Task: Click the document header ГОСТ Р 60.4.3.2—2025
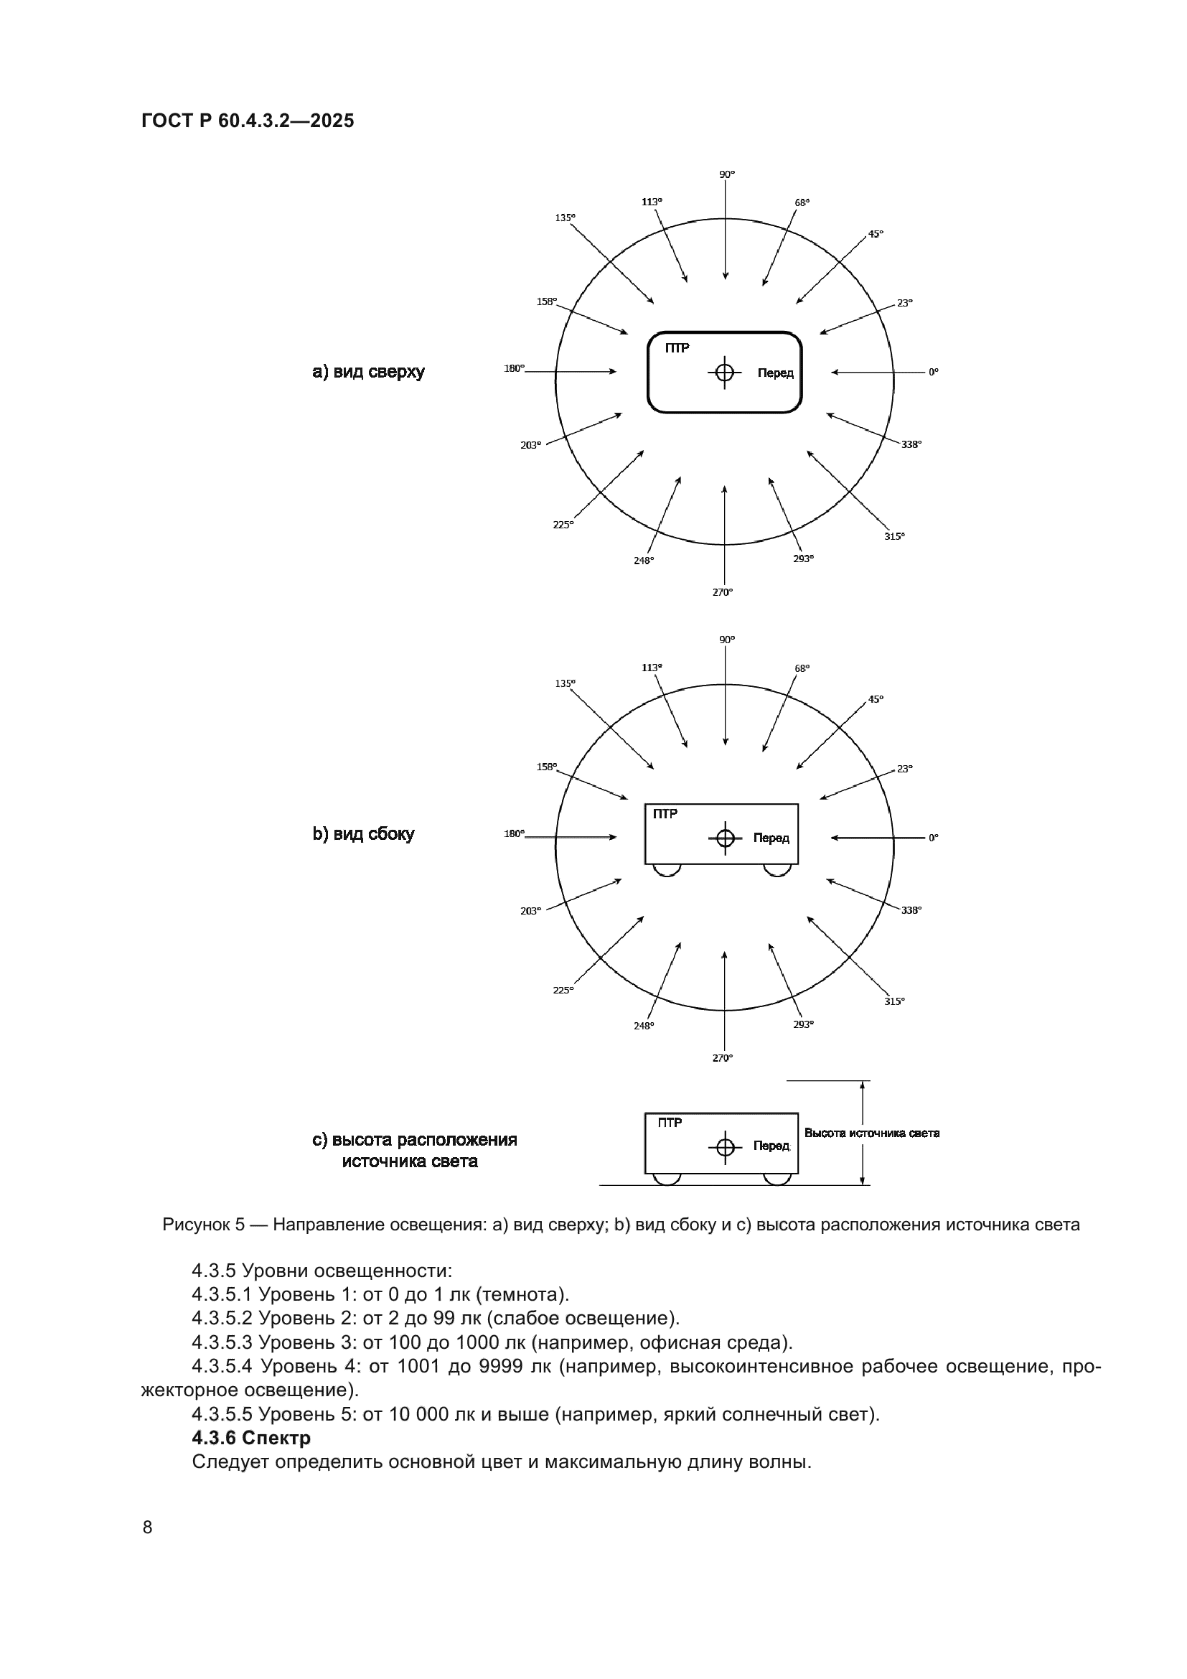248,121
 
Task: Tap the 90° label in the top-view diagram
726,174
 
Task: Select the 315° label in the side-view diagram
894,1001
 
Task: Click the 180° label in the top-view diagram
514,368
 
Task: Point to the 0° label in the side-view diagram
934,838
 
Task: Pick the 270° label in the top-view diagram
722,592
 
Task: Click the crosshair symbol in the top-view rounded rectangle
724,373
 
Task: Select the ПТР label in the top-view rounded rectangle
677,348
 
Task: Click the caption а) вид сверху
368,372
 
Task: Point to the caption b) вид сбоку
363,833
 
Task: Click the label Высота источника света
871,1133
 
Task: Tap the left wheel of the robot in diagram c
667,1179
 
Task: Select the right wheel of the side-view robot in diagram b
777,870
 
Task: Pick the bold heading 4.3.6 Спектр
250,1438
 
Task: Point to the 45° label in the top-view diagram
875,234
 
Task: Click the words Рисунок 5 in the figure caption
203,1225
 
